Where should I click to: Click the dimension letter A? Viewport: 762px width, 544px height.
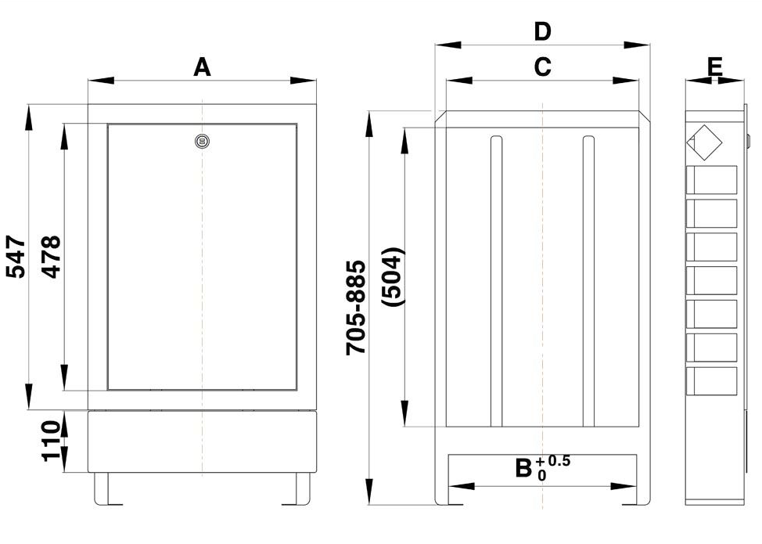[202, 67]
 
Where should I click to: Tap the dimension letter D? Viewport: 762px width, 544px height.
[542, 31]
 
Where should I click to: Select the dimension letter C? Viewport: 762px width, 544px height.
[542, 67]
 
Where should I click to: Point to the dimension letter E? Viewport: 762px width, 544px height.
[715, 67]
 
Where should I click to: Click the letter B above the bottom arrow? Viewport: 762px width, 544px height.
[524, 469]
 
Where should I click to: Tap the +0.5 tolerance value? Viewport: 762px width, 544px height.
[553, 461]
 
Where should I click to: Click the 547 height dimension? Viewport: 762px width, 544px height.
[16, 257]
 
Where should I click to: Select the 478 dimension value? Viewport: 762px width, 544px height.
[51, 257]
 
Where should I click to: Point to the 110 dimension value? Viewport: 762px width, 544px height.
[51, 441]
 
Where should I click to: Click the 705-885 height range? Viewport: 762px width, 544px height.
[356, 308]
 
